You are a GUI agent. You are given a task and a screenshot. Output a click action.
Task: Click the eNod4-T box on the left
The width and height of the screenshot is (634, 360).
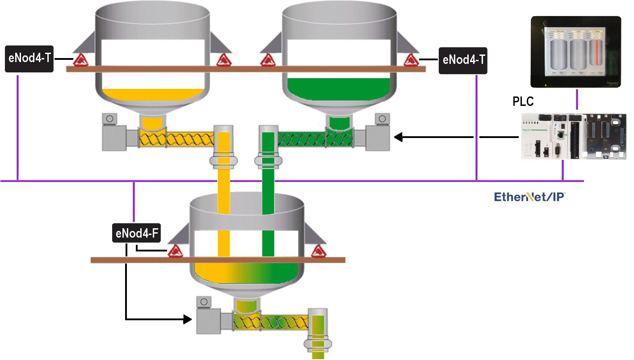(x=29, y=59)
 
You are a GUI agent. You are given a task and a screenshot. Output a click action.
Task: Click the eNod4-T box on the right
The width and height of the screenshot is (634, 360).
(x=463, y=60)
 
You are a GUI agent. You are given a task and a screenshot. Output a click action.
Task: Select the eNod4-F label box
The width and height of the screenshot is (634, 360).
(x=136, y=234)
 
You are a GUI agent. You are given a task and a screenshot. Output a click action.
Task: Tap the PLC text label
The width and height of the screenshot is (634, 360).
(x=523, y=101)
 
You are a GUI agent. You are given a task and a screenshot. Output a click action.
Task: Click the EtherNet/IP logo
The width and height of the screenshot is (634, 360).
(x=531, y=197)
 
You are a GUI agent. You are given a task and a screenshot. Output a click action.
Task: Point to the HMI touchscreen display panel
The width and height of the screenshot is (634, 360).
(x=575, y=51)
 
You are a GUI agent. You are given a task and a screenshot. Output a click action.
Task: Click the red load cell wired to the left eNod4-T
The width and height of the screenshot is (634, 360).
(x=80, y=59)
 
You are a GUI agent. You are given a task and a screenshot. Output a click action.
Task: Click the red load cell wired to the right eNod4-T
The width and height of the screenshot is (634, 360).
(x=409, y=59)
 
